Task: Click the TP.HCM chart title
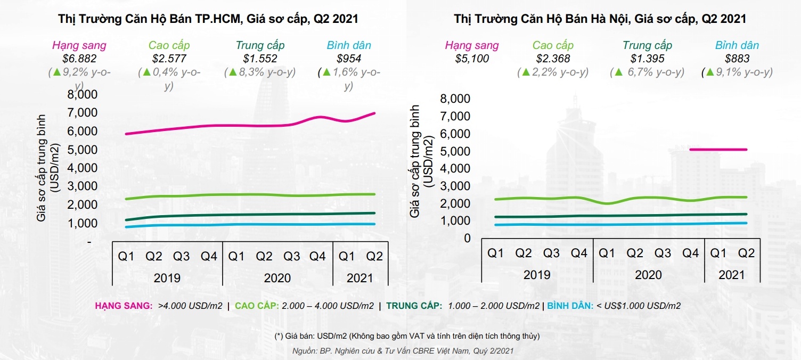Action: (208, 19)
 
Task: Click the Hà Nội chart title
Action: (600, 19)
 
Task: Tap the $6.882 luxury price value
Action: (79, 59)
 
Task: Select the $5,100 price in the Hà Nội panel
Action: (472, 59)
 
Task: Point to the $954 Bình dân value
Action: (349, 59)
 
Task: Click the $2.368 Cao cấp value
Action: (553, 59)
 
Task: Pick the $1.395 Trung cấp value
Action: (647, 59)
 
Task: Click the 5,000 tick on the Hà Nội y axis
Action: (456, 151)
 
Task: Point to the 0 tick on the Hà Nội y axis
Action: (467, 238)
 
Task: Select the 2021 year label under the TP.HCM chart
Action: (359, 278)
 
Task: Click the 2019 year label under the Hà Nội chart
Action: (537, 275)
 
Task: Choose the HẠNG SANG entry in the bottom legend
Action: (159, 306)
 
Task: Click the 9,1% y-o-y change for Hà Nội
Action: (737, 72)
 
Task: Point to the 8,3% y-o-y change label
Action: (260, 72)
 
